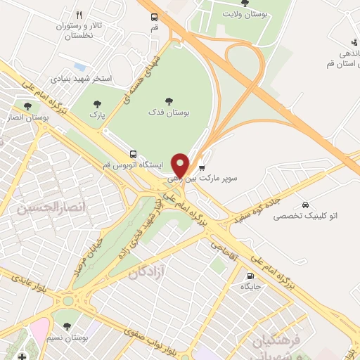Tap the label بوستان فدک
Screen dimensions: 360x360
tap(169, 112)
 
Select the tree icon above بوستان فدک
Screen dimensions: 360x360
tap(169, 100)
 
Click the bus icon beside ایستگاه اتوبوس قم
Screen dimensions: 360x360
tap(133, 153)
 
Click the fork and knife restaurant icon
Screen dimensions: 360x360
tap(79, 15)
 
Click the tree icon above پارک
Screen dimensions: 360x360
tap(97, 105)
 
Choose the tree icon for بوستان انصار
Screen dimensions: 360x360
tap(27, 107)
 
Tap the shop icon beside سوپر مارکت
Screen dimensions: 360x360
tap(202, 168)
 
